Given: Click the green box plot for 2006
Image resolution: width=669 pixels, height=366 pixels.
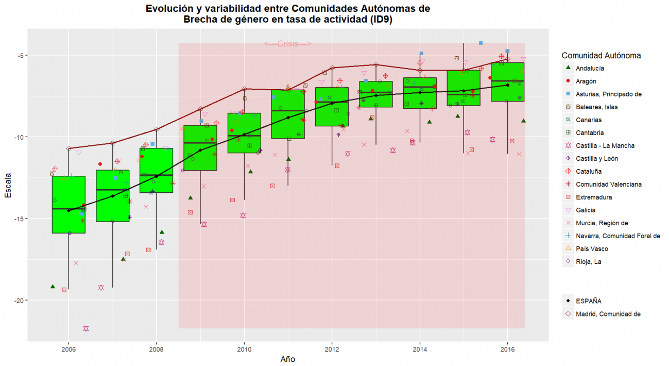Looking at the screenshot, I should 68,205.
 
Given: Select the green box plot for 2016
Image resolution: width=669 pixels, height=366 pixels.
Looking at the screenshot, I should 508,82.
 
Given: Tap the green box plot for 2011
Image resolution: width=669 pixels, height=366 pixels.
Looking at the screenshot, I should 288,114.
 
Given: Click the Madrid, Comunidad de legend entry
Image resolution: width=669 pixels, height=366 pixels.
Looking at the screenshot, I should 608,314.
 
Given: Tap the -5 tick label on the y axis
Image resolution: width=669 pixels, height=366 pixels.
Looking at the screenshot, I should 19,55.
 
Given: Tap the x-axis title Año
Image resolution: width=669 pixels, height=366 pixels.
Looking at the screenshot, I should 288,359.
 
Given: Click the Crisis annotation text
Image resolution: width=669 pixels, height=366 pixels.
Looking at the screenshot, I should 288,44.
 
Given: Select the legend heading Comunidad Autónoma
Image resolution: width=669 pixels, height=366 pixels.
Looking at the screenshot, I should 601,55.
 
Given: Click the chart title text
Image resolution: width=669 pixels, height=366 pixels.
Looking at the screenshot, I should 288,14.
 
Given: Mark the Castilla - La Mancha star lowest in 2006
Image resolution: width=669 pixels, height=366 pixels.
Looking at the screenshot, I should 86,328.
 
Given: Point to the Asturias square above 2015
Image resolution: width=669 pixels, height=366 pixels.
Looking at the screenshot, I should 481,43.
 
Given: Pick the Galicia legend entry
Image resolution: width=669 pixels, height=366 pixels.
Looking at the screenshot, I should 586,210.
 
